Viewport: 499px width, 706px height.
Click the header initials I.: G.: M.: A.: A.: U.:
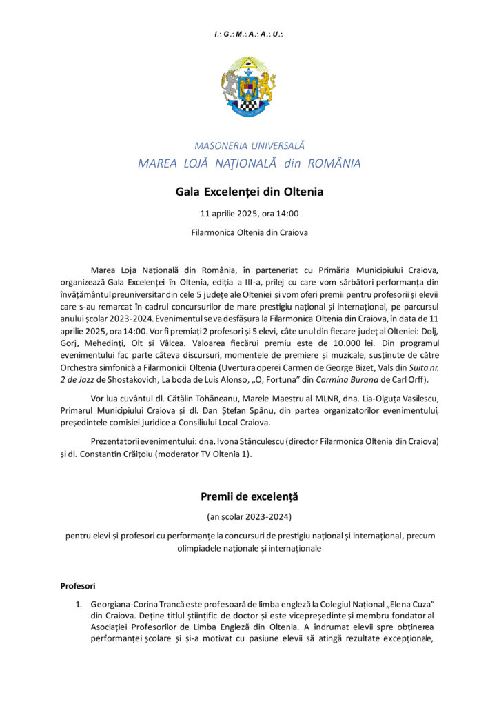[249, 34]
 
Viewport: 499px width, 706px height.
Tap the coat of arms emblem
[249, 88]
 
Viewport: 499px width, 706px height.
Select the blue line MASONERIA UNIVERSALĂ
[249, 146]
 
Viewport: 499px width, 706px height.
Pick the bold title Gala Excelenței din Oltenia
[249, 192]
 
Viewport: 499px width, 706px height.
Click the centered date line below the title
[249, 214]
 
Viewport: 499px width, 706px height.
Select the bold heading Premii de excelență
[249, 496]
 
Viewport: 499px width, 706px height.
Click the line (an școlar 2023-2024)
[249, 516]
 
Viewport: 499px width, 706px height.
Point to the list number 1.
[79, 604]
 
